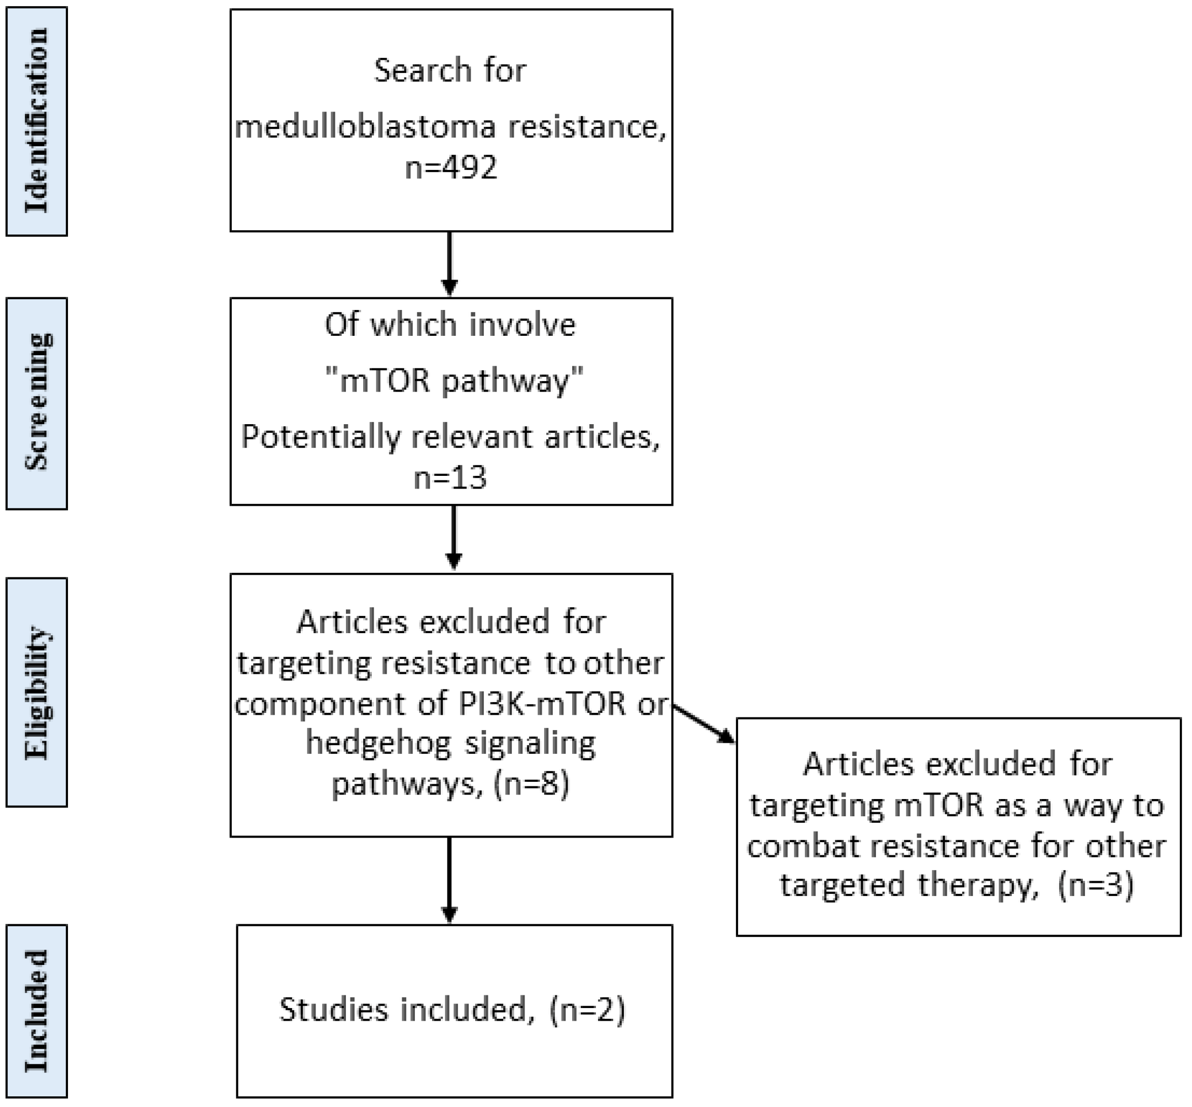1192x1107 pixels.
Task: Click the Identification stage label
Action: (36, 121)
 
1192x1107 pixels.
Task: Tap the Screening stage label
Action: (36, 402)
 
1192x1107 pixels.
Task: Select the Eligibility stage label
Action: (36, 692)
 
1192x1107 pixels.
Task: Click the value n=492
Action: (450, 167)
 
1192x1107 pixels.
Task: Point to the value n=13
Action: (450, 478)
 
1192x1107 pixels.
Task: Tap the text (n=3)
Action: (1096, 885)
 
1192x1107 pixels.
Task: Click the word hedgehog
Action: (378, 743)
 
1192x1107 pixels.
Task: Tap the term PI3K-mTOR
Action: (542, 703)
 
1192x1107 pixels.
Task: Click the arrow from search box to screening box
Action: (449, 264)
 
